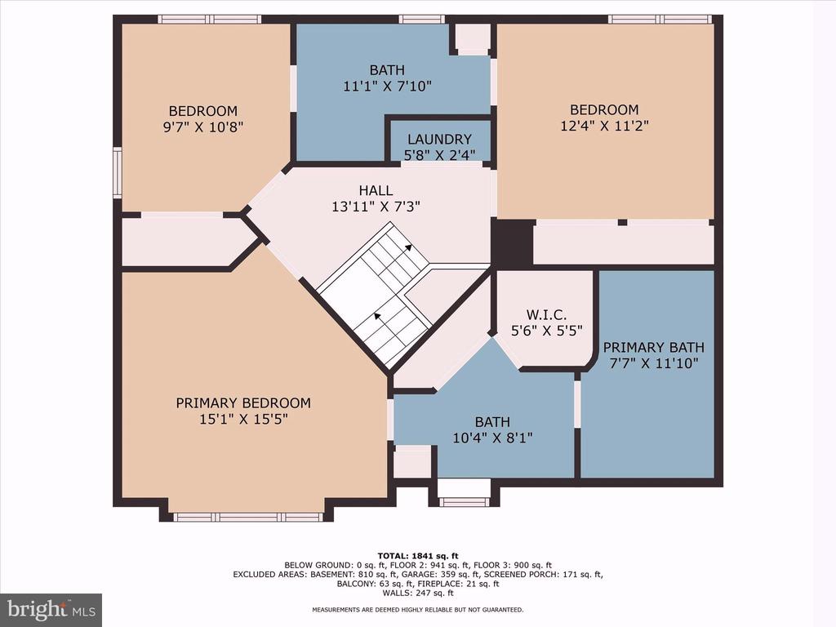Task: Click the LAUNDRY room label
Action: (x=439, y=139)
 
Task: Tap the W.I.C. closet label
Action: (x=546, y=314)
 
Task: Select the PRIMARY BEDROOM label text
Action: (x=243, y=403)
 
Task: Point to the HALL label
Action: (x=376, y=190)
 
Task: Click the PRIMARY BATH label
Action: (x=654, y=348)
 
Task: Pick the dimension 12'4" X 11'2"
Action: (x=605, y=127)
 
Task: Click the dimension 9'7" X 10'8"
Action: (x=202, y=127)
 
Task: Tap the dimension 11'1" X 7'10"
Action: (x=387, y=87)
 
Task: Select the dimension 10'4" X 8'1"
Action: (x=492, y=438)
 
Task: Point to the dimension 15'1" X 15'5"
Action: (x=243, y=420)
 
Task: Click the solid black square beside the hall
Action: (x=512, y=243)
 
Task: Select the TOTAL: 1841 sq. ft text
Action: (x=418, y=555)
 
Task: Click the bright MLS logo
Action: (x=51, y=610)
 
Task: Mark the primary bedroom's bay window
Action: (x=248, y=517)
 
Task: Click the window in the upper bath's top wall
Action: (x=422, y=20)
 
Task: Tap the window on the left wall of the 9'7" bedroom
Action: (x=118, y=173)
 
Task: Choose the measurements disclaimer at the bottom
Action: (x=418, y=609)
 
